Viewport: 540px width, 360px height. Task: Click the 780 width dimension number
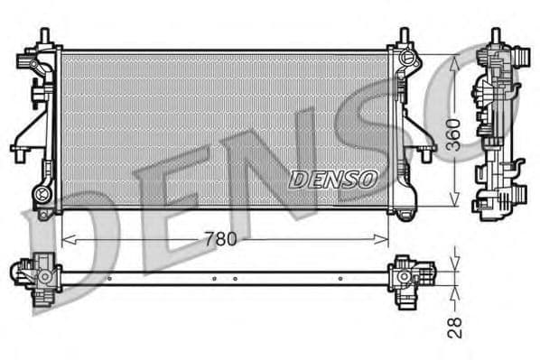pyautogui.click(x=222, y=240)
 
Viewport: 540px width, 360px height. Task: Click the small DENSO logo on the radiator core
pyautogui.click(x=333, y=179)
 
